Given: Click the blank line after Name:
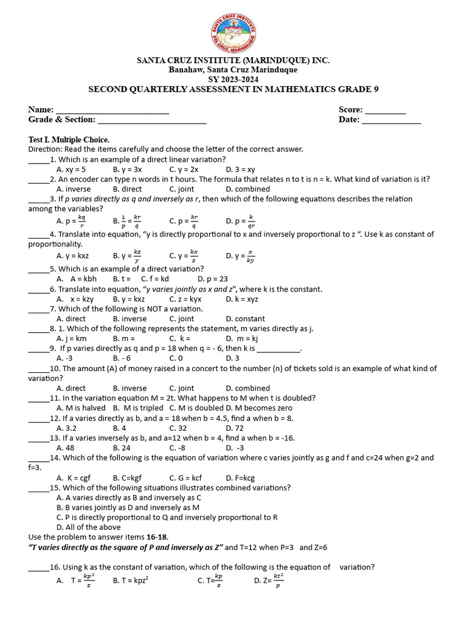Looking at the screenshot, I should pyautogui.click(x=112, y=111).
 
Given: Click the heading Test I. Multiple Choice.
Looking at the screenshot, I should pyautogui.click(x=69, y=139).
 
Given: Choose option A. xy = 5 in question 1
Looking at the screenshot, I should pyautogui.click(x=71, y=169).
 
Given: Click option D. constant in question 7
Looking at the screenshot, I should pyautogui.click(x=245, y=318).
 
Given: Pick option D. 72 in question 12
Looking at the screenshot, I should pyautogui.click(x=235, y=428).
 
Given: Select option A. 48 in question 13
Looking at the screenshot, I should pyautogui.click(x=66, y=448).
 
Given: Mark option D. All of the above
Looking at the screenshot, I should pyautogui.click(x=88, y=527).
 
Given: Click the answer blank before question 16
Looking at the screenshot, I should pyautogui.click(x=38, y=567).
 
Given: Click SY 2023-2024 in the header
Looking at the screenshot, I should pyautogui.click(x=233, y=79).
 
